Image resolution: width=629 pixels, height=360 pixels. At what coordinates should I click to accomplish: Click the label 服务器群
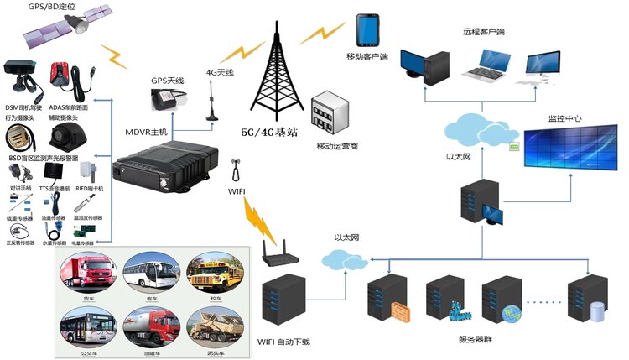click(x=479, y=339)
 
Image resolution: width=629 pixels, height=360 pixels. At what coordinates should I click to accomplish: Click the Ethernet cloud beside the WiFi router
click(x=346, y=262)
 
